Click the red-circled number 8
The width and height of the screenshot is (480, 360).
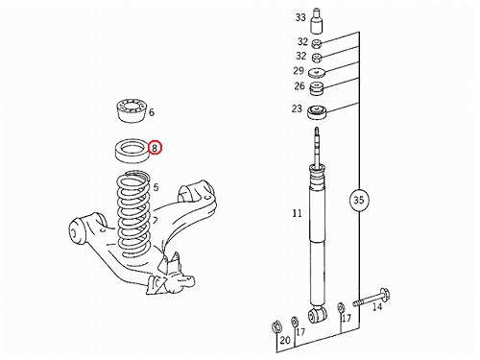155,148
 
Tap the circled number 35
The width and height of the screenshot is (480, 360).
359,200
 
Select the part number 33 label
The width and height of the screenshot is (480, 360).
300,17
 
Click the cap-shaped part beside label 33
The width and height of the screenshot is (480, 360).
317,21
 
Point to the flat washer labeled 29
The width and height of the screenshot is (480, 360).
317,73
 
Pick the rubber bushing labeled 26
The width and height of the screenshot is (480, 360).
317,88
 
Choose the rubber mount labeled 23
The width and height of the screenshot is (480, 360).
317,112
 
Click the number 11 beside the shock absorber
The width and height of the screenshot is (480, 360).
297,213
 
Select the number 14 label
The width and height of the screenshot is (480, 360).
377,307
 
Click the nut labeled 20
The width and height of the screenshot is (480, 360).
276,326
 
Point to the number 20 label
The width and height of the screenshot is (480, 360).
285,340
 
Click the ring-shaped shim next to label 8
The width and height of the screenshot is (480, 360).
132,150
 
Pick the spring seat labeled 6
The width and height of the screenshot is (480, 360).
131,110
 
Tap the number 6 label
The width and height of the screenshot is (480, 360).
152,112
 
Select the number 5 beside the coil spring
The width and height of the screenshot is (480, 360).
156,187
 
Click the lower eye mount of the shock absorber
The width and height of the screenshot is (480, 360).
317,314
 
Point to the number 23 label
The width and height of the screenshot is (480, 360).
297,108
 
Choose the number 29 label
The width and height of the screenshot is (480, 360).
299,71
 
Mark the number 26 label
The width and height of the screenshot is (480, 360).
300,86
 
